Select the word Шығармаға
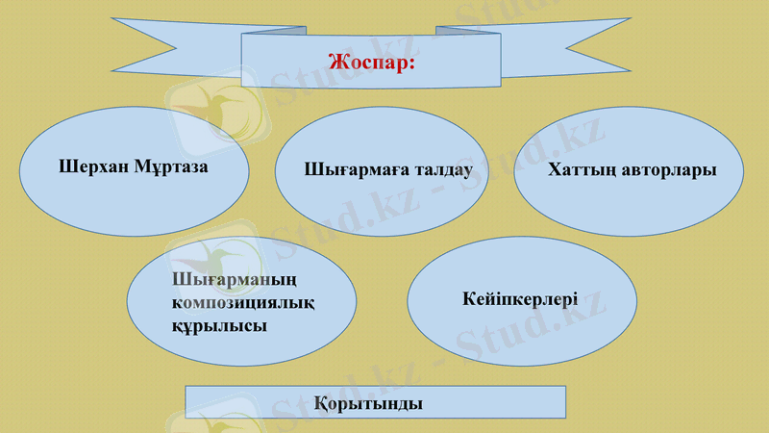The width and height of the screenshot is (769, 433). click(x=346, y=171)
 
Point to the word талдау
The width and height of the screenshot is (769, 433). click(x=434, y=170)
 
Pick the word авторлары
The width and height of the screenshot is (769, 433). click(x=669, y=171)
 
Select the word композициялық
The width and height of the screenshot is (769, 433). click(x=243, y=303)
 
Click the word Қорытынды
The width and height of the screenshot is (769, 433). click(x=375, y=403)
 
